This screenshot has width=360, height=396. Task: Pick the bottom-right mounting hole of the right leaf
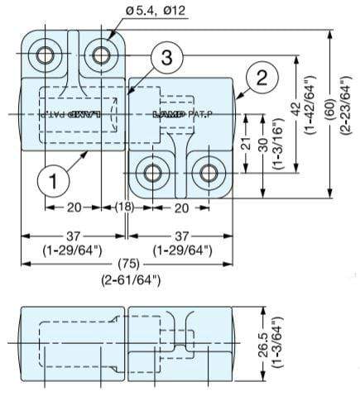[206, 173]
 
